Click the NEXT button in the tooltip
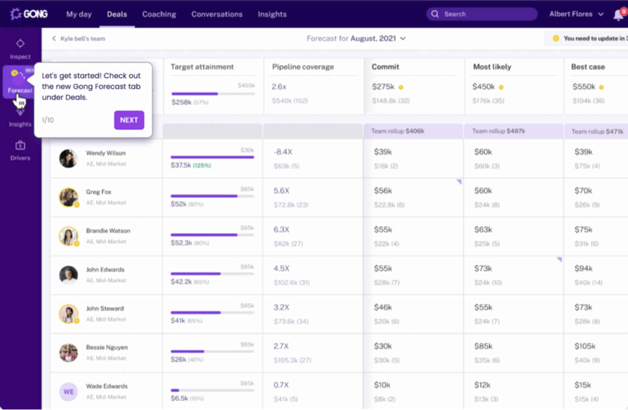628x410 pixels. pyautogui.click(x=129, y=120)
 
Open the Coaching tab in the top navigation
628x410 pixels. pyautogui.click(x=159, y=14)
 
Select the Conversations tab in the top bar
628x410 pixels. pyautogui.click(x=217, y=14)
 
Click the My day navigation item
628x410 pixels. pyautogui.click(x=79, y=14)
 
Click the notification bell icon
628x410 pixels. pyautogui.click(x=618, y=15)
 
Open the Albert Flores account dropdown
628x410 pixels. pyautogui.click(x=576, y=14)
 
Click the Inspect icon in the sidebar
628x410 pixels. pyautogui.click(x=20, y=44)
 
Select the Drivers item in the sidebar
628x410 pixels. pyautogui.click(x=20, y=150)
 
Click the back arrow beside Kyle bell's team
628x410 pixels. pyautogui.click(x=54, y=38)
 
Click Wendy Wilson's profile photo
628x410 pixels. pyautogui.click(x=68, y=159)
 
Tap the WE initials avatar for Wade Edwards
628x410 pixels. pyautogui.click(x=68, y=392)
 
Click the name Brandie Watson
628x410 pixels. pyautogui.click(x=108, y=231)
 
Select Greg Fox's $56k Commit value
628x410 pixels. pyautogui.click(x=383, y=191)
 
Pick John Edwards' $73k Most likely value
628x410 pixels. pyautogui.click(x=483, y=268)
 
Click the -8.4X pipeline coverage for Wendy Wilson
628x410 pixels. pyautogui.click(x=283, y=152)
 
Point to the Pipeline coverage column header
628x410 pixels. pyautogui.click(x=303, y=67)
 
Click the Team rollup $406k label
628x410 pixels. pyautogui.click(x=398, y=131)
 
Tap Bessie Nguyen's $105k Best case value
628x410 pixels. pyautogui.click(x=585, y=346)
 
